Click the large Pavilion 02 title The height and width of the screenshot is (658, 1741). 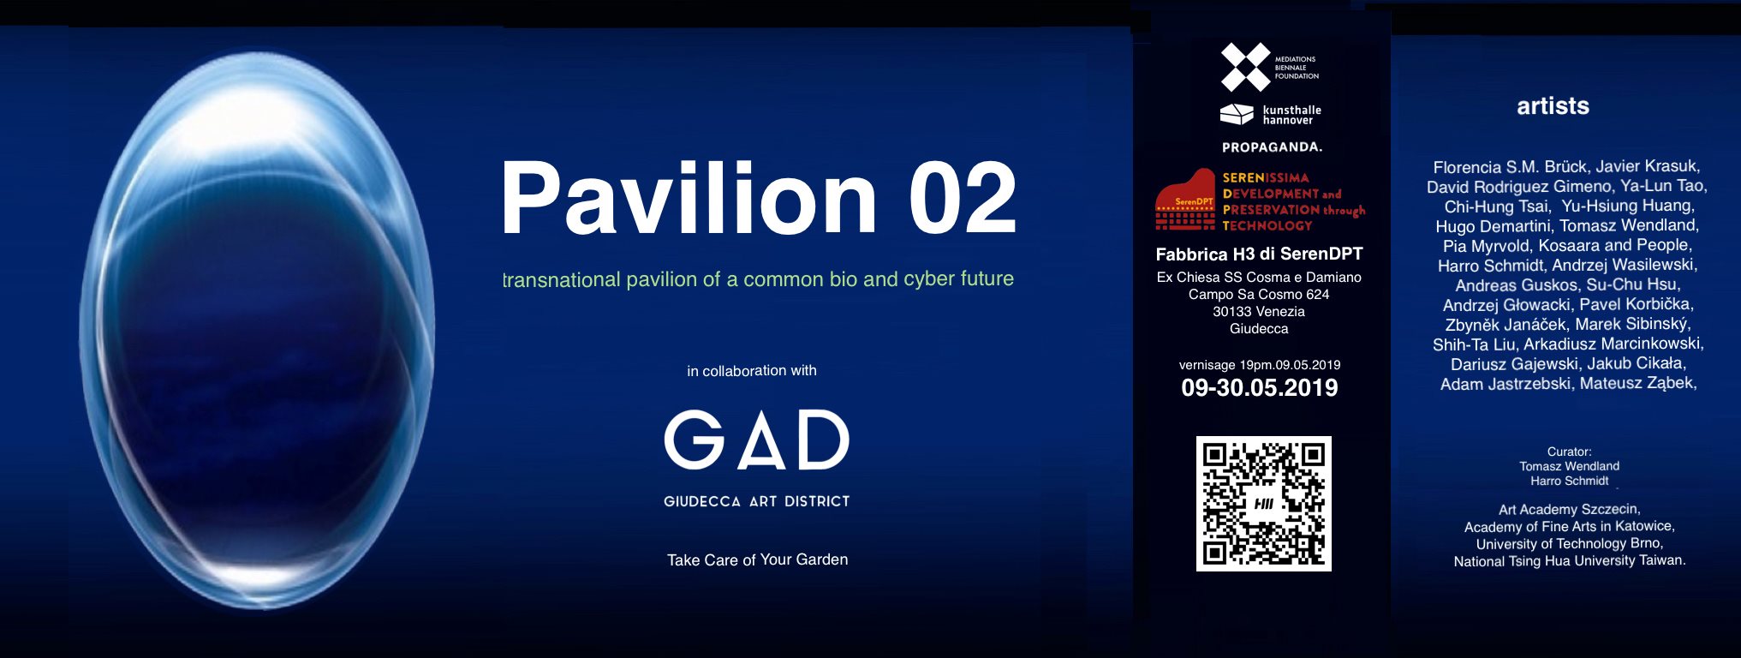point(759,198)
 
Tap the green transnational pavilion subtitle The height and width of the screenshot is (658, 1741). point(758,279)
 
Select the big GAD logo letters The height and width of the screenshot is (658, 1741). point(757,440)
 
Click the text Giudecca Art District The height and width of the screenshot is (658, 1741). point(757,501)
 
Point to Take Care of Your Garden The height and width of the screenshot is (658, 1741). point(758,559)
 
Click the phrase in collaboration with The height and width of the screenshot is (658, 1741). point(752,371)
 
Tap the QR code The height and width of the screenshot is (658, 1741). point(1264,504)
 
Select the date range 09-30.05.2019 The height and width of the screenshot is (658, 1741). point(1260,388)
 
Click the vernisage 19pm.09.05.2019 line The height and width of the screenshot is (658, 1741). point(1260,365)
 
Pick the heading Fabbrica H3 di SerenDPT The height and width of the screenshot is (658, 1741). point(1259,254)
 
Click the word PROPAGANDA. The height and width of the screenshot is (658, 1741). point(1272,147)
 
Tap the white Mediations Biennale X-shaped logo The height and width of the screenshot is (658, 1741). point(1246,67)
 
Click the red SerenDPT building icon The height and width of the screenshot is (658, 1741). point(1185,200)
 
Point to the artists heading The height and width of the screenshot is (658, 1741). point(1553,106)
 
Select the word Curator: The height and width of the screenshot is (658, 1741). point(1569,452)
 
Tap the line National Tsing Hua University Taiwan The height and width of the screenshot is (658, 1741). point(1570,561)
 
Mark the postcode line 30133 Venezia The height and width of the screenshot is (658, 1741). point(1259,312)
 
